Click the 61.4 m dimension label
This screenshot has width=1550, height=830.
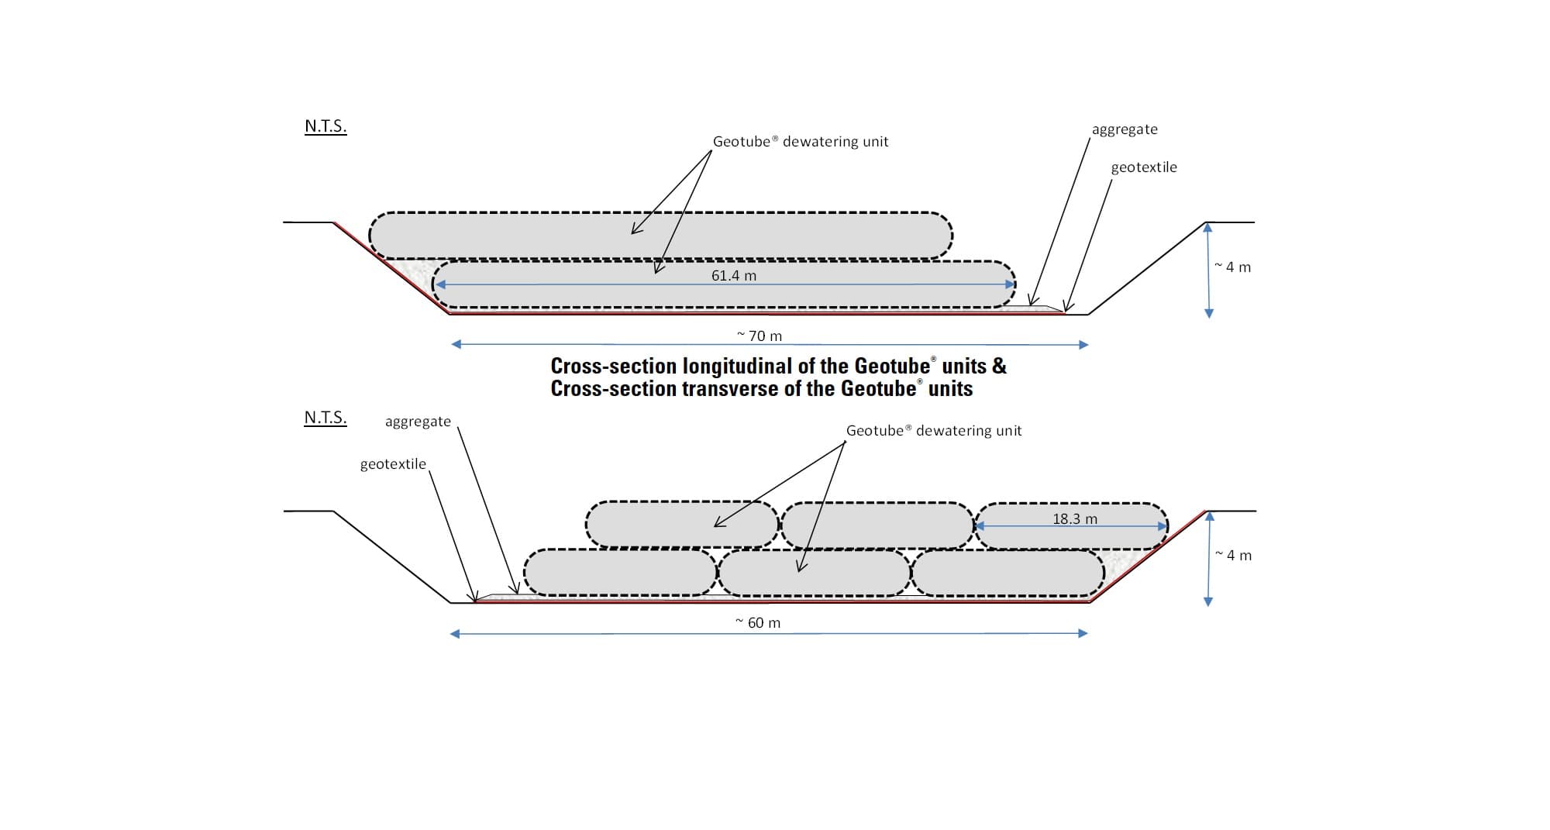pos(734,275)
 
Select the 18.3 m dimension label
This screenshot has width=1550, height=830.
pos(1074,518)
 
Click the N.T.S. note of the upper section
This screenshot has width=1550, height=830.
pos(325,126)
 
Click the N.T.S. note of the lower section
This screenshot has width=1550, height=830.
pos(325,418)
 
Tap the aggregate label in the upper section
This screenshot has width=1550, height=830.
pos(1125,129)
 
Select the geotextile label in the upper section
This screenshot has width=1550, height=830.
pos(1144,167)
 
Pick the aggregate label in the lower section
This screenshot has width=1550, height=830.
pos(418,422)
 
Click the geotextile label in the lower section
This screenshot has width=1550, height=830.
pos(393,464)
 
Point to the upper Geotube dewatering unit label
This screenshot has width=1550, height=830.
pos(801,142)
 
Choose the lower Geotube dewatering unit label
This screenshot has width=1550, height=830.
pos(934,431)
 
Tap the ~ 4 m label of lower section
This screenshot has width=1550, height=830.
pos(1234,556)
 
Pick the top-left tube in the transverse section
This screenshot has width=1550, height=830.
pos(682,525)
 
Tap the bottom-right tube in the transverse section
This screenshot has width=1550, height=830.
pos(1007,573)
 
